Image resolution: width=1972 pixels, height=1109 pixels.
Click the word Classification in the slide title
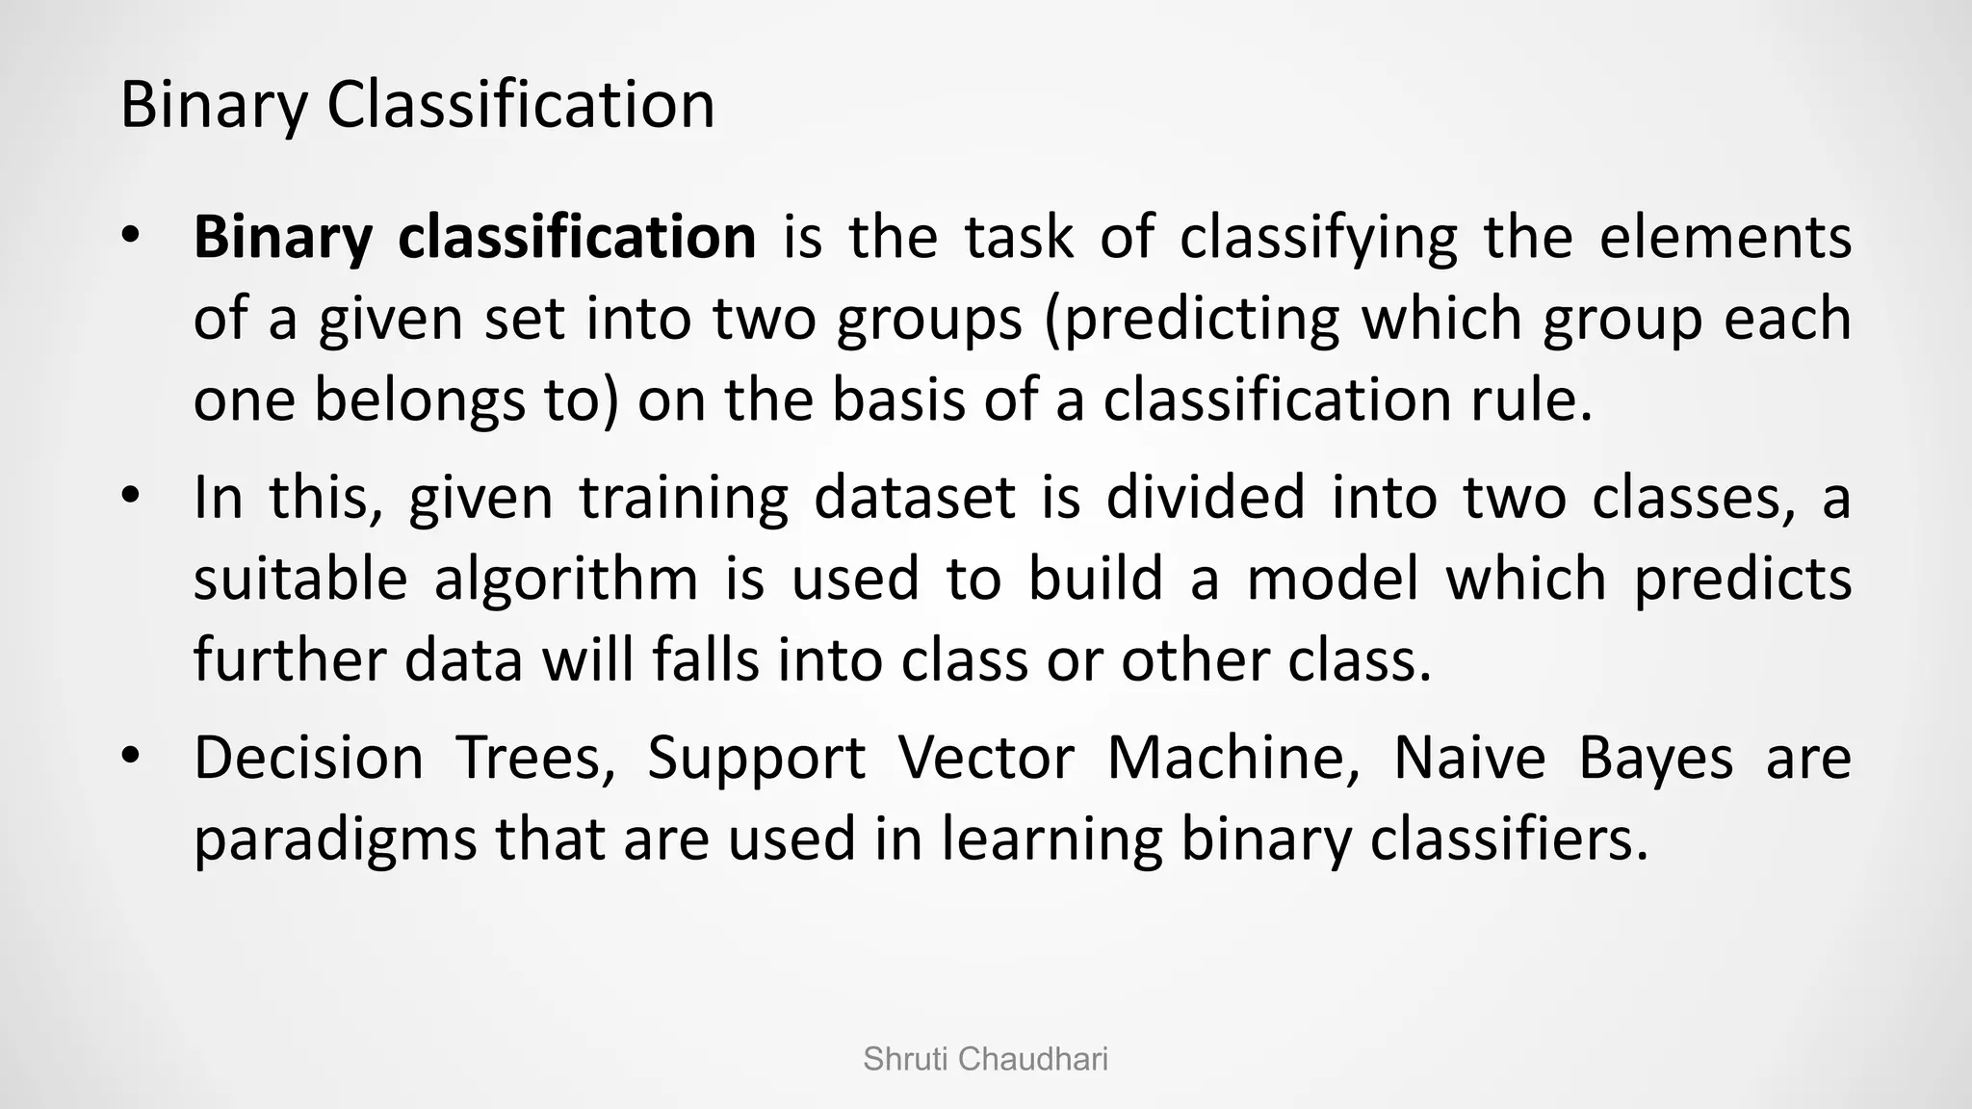pos(520,105)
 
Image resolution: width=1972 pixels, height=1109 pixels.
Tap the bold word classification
pos(577,237)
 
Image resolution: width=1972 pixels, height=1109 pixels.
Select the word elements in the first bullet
pos(1725,237)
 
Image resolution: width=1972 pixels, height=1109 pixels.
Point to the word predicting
pos(1194,320)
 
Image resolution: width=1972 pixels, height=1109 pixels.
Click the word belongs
pos(420,400)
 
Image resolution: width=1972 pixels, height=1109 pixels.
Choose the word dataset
pos(914,498)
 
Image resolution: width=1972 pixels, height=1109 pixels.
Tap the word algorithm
pos(566,580)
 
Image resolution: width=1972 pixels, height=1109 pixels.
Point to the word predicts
pos(1743,580)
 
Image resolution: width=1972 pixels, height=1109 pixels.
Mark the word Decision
pos(308,758)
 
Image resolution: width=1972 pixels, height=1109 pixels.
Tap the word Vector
pos(986,758)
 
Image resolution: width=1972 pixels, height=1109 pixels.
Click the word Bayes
pos(1655,758)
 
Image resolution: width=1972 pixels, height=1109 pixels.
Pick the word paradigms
pos(335,839)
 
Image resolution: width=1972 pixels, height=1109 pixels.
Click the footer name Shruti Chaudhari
pos(985,1059)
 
